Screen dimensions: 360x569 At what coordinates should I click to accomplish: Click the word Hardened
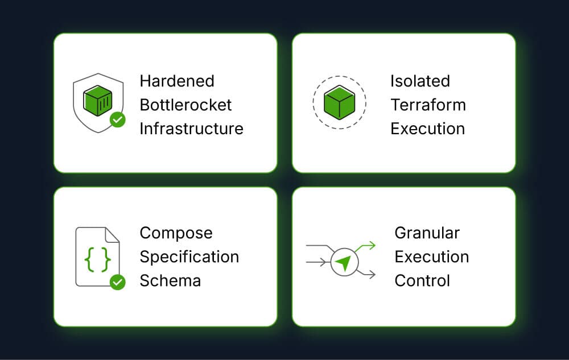[x=177, y=81]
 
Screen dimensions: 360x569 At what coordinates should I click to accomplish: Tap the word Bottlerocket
[x=186, y=105]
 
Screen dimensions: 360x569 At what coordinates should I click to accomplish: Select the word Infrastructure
[x=191, y=129]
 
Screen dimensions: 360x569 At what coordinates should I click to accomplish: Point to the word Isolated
[x=420, y=81]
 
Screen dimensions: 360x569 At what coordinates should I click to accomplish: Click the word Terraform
[x=428, y=105]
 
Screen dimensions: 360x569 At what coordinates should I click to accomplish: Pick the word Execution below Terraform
[x=427, y=129]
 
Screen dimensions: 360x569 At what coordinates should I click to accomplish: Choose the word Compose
[x=176, y=233]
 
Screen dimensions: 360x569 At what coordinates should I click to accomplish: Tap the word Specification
[x=189, y=256]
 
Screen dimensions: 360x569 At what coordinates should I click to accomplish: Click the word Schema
[x=170, y=280]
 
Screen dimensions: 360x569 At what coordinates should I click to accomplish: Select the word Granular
[x=427, y=233]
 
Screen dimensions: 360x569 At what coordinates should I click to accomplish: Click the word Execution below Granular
[x=432, y=256]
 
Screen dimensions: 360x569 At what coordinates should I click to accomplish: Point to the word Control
[x=422, y=280]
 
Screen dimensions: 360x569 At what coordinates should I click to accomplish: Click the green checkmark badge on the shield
[x=118, y=120]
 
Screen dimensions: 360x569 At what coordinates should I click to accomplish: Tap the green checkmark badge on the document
[x=118, y=282]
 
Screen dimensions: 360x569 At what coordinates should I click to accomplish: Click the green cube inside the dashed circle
[x=339, y=102]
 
